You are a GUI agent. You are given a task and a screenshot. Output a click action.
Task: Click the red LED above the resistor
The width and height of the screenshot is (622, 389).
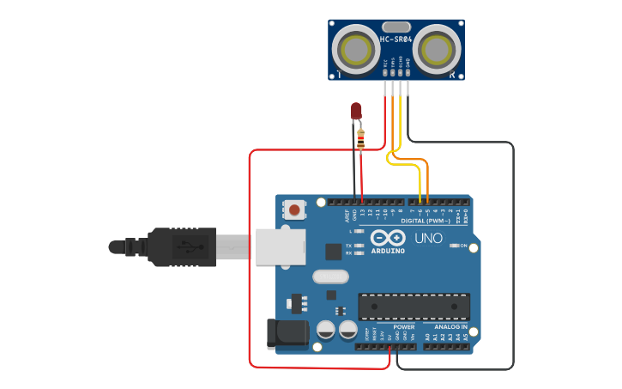356,111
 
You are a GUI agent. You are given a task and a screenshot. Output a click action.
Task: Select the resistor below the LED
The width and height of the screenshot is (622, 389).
360,138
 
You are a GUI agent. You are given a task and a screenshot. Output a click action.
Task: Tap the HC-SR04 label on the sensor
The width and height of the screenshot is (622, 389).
396,40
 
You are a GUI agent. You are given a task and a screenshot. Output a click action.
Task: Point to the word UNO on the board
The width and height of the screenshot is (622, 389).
428,238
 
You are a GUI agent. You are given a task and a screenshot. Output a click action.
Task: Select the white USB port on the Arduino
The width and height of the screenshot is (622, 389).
280,246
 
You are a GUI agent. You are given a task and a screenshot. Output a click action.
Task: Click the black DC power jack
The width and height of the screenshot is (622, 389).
287,334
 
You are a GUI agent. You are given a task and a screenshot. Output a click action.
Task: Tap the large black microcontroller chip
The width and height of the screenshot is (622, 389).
414,306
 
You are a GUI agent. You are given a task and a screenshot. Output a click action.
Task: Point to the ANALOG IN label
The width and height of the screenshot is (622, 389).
449,327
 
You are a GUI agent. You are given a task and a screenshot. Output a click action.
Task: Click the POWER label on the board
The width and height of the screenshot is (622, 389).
403,327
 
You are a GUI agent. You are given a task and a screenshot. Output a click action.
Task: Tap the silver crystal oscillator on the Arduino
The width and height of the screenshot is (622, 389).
331,277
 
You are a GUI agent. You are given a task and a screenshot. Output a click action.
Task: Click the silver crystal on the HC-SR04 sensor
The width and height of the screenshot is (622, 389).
396,27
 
